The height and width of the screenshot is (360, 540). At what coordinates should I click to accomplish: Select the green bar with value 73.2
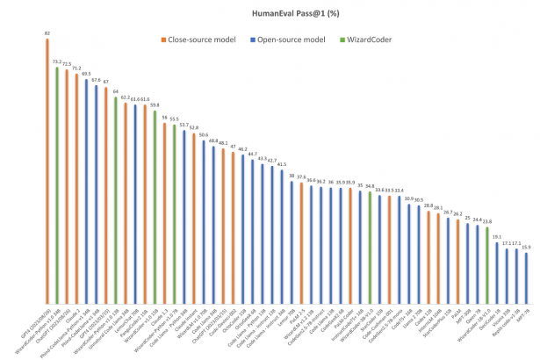pyautogui.click(x=57, y=184)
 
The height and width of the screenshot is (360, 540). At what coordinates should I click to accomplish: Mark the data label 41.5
pyautogui.click(x=281, y=164)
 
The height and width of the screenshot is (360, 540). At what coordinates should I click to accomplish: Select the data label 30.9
pyautogui.click(x=408, y=198)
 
